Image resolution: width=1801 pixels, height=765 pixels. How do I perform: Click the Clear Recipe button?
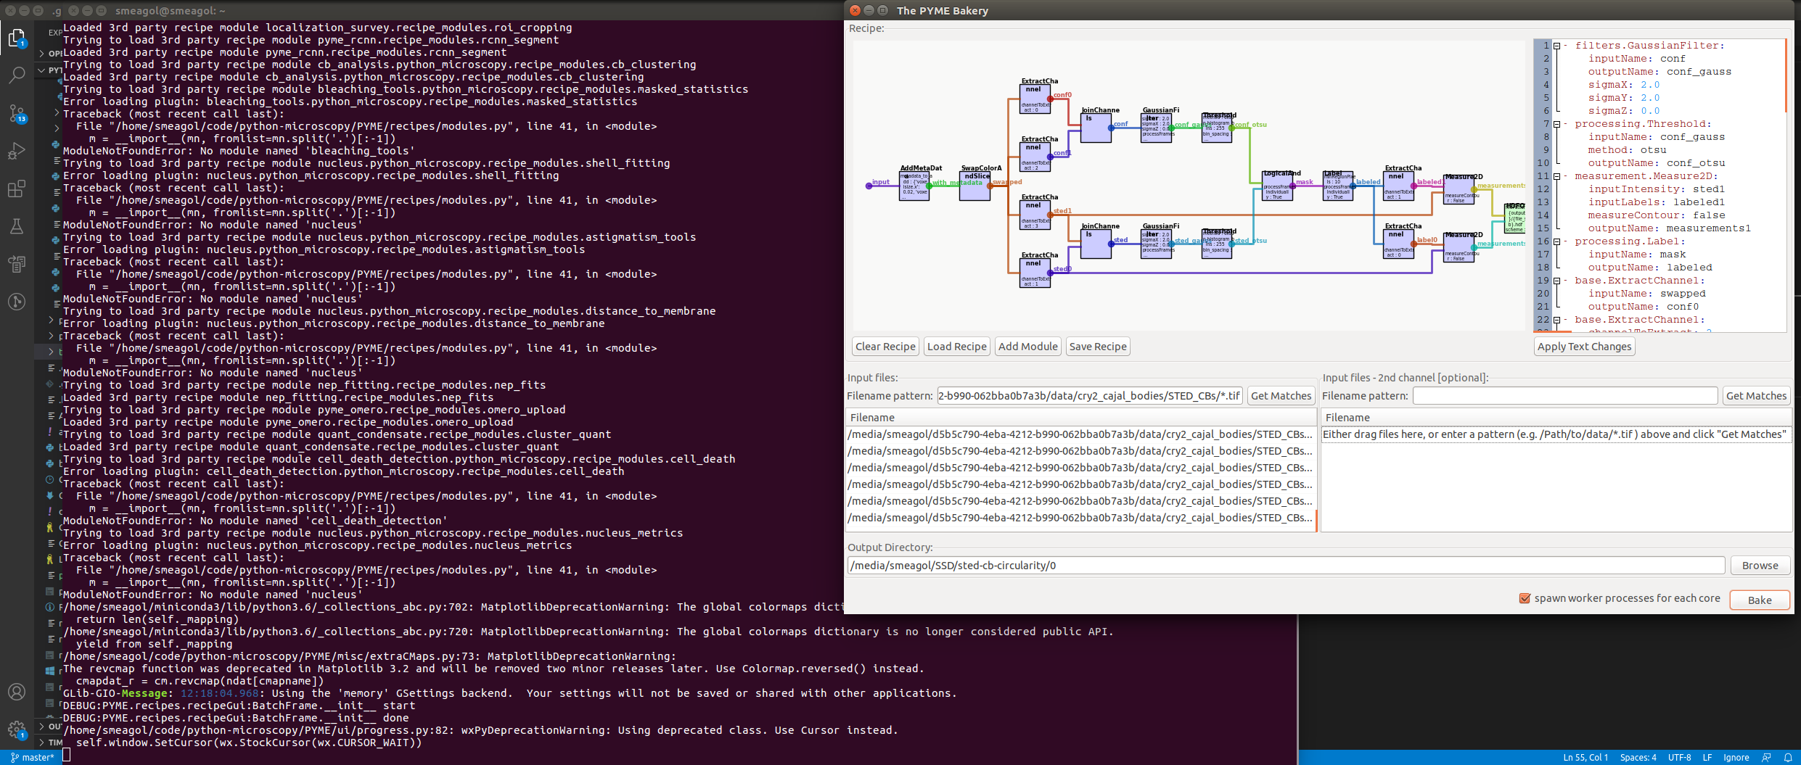point(885,347)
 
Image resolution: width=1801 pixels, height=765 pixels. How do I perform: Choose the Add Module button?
point(1027,347)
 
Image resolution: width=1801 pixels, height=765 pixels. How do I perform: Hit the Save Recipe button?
point(1098,347)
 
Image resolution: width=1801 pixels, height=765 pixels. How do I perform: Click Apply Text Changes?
point(1584,347)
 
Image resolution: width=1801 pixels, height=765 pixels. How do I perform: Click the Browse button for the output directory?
point(1760,566)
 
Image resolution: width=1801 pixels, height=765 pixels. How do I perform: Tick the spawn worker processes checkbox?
point(1525,599)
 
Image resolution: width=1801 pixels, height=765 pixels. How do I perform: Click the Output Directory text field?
point(1284,566)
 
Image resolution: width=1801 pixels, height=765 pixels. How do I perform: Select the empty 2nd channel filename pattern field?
point(1564,396)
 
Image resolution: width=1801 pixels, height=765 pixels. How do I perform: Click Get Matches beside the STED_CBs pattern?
point(1281,396)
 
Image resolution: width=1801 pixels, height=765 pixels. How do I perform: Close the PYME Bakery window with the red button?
point(855,10)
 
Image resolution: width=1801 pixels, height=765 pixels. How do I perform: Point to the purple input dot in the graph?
point(869,186)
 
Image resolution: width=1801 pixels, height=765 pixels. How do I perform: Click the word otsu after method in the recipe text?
point(1653,150)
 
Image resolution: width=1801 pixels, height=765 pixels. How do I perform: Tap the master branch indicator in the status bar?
point(33,758)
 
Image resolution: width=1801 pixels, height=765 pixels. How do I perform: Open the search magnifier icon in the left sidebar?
point(17,75)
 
